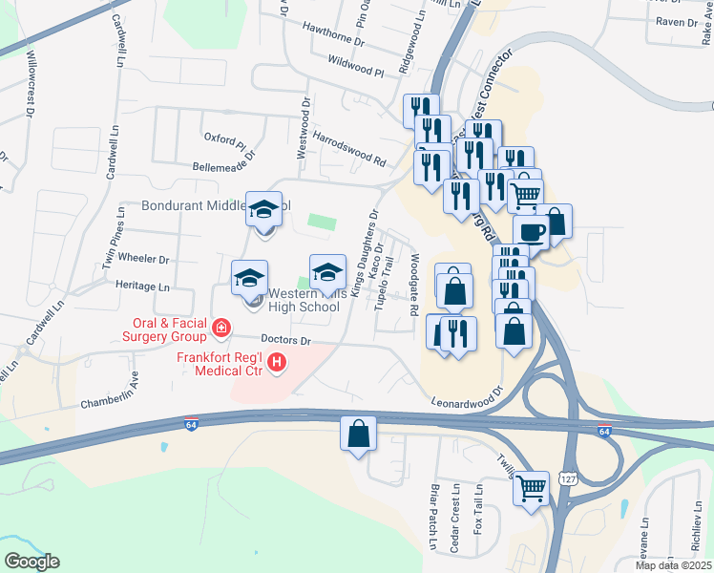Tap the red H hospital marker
point(277,362)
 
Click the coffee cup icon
point(531,231)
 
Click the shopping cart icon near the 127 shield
point(531,489)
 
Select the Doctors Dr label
point(287,340)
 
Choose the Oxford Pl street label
point(225,139)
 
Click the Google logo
point(31,562)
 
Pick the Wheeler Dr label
point(143,259)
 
